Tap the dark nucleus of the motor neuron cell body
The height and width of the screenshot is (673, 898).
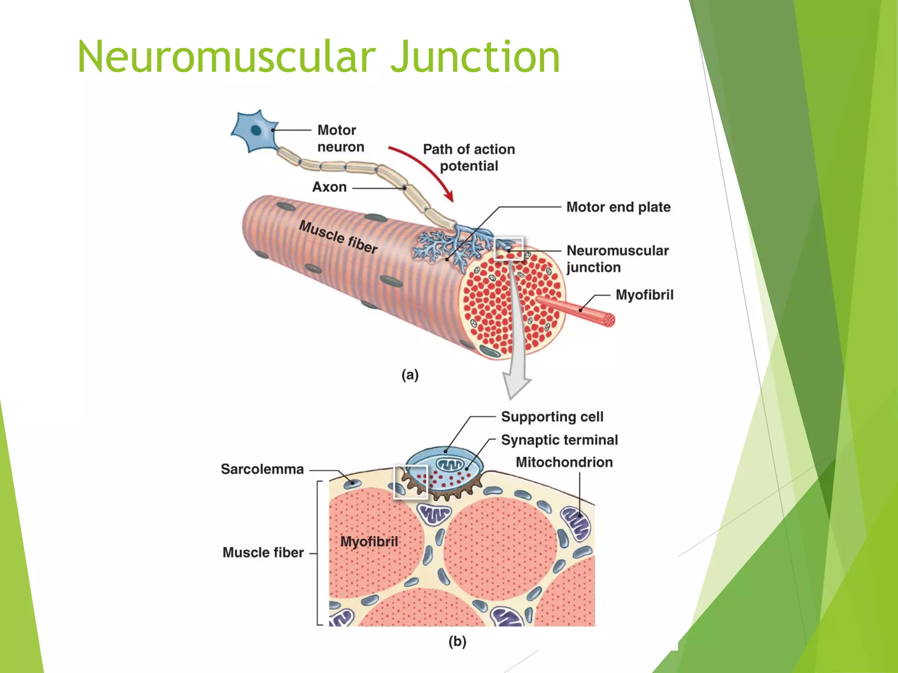pyautogui.click(x=256, y=130)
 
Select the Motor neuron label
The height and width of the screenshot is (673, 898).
pyautogui.click(x=340, y=138)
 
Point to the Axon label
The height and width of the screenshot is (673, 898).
pyautogui.click(x=329, y=187)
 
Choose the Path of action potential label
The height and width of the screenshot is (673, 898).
pyautogui.click(x=469, y=157)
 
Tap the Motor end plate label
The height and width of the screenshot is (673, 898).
pyautogui.click(x=618, y=207)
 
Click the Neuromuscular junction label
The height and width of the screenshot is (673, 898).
pyautogui.click(x=617, y=259)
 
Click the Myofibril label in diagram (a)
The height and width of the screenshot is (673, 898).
pyautogui.click(x=644, y=295)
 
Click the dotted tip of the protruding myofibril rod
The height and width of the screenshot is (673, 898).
pyautogui.click(x=609, y=320)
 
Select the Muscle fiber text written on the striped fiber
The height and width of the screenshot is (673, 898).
pyautogui.click(x=338, y=237)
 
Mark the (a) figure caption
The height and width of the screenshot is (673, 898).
pyautogui.click(x=410, y=375)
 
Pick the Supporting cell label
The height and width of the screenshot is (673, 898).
pyautogui.click(x=552, y=417)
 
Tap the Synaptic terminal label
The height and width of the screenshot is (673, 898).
pyautogui.click(x=559, y=440)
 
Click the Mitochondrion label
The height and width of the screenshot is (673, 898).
pyautogui.click(x=564, y=462)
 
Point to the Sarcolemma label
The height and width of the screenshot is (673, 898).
pyautogui.click(x=262, y=469)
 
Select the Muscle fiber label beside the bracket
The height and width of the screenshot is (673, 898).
pyautogui.click(x=263, y=553)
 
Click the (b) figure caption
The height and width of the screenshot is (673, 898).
pyautogui.click(x=457, y=642)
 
